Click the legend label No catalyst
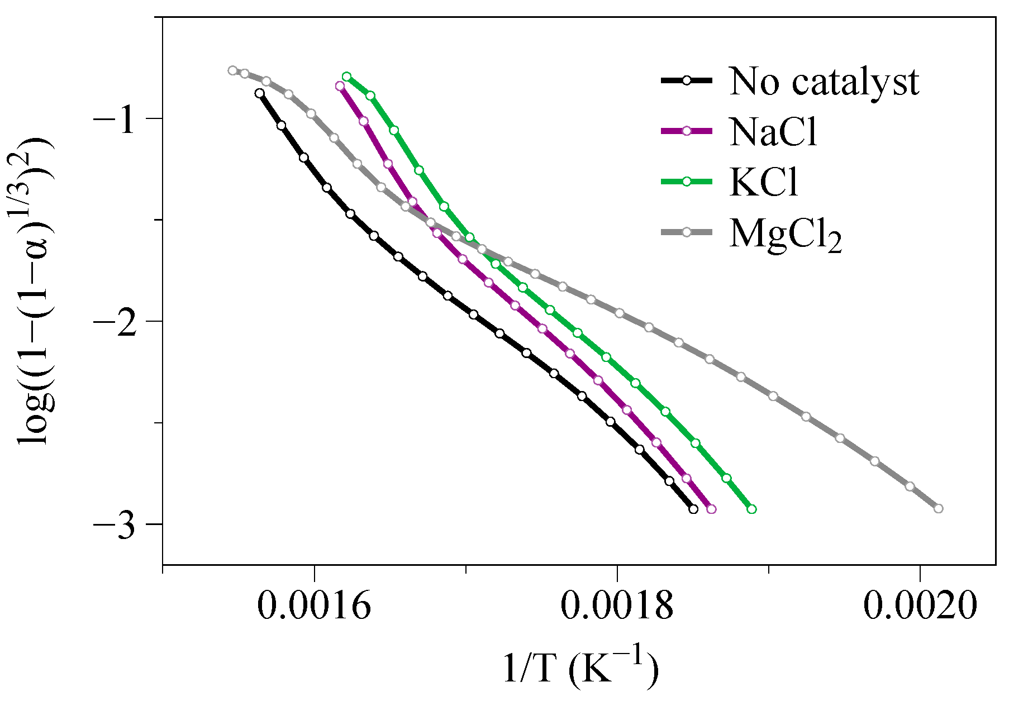[x=824, y=82]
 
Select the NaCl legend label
[x=773, y=132]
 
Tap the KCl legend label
[x=764, y=182]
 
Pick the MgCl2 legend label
[x=785, y=233]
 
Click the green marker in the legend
[x=687, y=182]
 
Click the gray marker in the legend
[x=687, y=232]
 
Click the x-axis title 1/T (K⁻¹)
[x=580, y=667]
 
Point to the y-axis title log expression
[x=35, y=290]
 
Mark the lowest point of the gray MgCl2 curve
[x=939, y=508]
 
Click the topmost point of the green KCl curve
[x=346, y=77]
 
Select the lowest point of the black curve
[x=693, y=509]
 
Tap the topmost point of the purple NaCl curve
[x=340, y=86]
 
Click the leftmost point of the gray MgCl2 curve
[x=232, y=70]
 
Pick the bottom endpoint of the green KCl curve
[x=752, y=509]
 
